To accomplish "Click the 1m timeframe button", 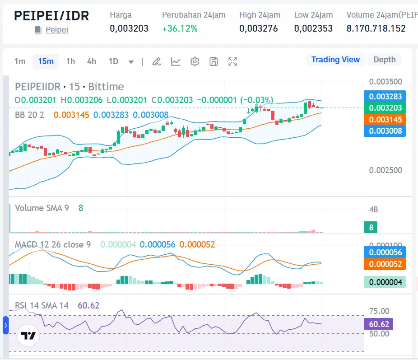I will [20, 61].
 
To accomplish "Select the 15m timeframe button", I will [46, 61].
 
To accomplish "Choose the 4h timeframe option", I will [92, 61].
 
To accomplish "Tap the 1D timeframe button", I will [113, 61].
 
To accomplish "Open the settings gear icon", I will [195, 61].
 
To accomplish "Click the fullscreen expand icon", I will [232, 61].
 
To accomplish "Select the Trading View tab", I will [335, 60].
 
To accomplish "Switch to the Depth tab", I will [384, 60].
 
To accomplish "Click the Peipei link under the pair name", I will [56, 31].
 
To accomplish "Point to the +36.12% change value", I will [180, 28].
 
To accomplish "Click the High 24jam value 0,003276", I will [258, 28].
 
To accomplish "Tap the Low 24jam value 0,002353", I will [313, 28].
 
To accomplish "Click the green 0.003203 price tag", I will [385, 108].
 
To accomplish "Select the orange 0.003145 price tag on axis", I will [385, 120].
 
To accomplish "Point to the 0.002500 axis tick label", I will [385, 170].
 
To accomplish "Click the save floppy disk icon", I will [214, 61].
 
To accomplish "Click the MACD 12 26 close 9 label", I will [52, 244].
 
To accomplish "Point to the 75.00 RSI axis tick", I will [379, 311].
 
